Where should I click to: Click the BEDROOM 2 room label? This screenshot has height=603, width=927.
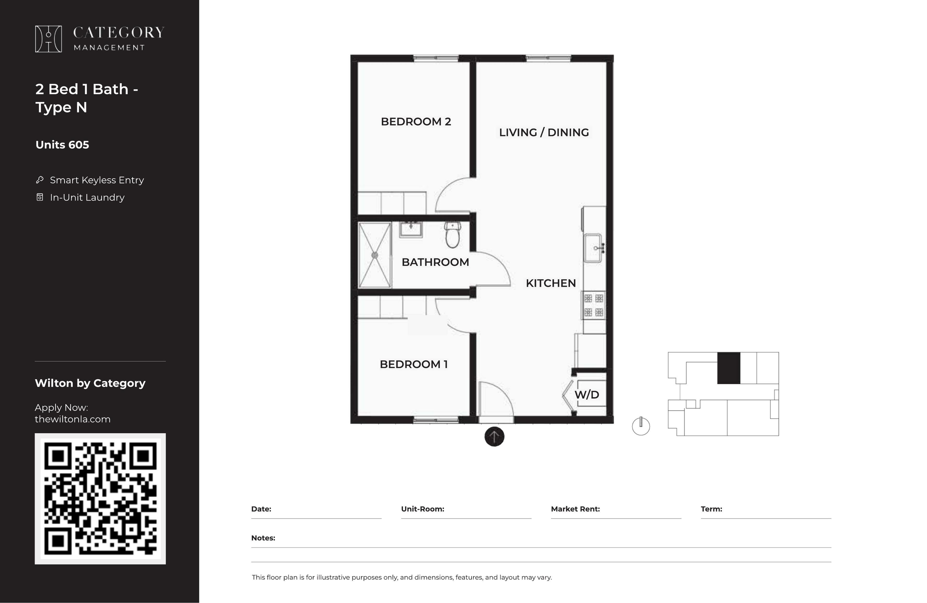pos(416,122)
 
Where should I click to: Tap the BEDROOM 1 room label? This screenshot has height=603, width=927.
pos(414,364)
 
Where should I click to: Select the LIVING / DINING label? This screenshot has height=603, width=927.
pos(544,132)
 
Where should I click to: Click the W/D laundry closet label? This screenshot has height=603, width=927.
pos(587,394)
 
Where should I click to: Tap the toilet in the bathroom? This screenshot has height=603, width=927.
pos(452,235)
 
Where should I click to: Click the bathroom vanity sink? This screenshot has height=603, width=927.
pos(411,230)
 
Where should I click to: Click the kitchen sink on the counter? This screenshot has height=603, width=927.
pos(594,248)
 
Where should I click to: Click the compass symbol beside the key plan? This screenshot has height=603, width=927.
pos(641,426)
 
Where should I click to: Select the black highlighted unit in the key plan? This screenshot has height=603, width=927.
pos(729,368)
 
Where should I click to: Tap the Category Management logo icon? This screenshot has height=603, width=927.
pos(48,39)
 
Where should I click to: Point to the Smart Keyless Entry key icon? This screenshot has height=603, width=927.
pos(40,180)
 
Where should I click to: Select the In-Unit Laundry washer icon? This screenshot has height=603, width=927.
pos(40,197)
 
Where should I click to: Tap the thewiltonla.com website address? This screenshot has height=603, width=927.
pos(73,419)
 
